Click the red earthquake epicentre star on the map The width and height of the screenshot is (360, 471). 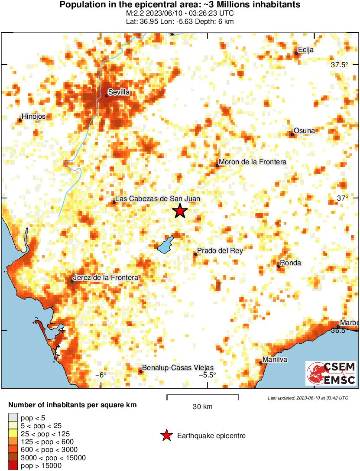(180, 211)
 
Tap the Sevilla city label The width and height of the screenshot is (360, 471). (119, 92)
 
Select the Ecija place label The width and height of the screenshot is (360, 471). (305, 50)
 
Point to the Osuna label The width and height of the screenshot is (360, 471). (304, 131)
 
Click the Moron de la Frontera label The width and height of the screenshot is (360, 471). (253, 162)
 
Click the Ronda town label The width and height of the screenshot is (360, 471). (290, 263)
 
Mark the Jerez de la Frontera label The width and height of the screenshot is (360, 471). (106, 278)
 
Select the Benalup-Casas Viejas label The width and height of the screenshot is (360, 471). (178, 368)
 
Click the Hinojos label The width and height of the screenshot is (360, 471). (33, 117)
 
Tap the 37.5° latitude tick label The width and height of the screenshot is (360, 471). (339, 65)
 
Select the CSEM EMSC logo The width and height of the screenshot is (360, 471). (331, 373)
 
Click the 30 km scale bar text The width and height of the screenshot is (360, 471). (202, 407)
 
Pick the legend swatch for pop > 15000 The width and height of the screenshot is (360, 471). (13, 466)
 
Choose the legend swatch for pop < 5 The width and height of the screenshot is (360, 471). (13, 418)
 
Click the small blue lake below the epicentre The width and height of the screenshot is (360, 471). (165, 245)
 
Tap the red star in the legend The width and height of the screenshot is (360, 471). (166, 436)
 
